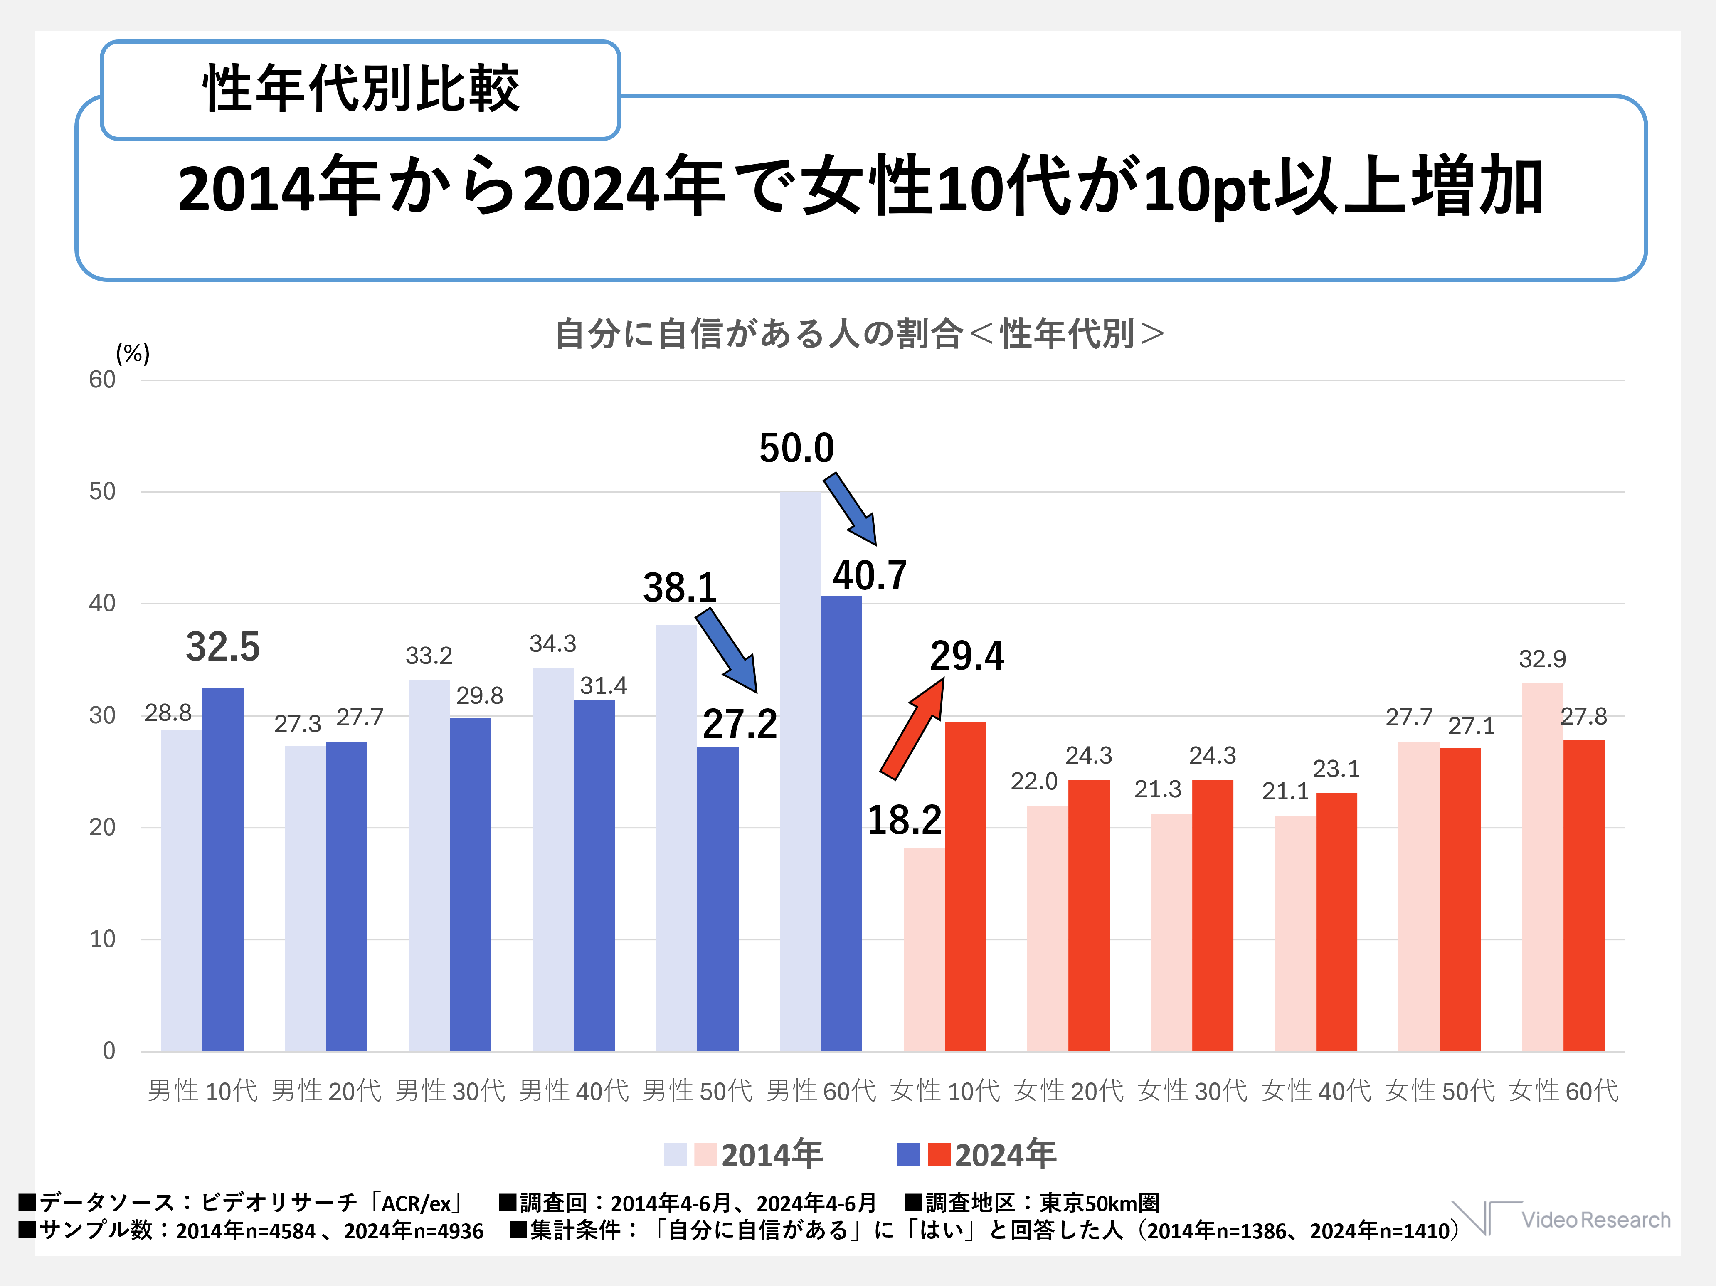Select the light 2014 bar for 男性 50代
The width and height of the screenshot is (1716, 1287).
click(x=676, y=838)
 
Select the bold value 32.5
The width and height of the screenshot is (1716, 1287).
click(x=223, y=647)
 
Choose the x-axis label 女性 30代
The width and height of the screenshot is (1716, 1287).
click(x=1192, y=1091)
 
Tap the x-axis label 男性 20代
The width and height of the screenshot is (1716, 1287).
click(x=327, y=1091)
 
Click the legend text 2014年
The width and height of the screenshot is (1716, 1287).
click(x=772, y=1154)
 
